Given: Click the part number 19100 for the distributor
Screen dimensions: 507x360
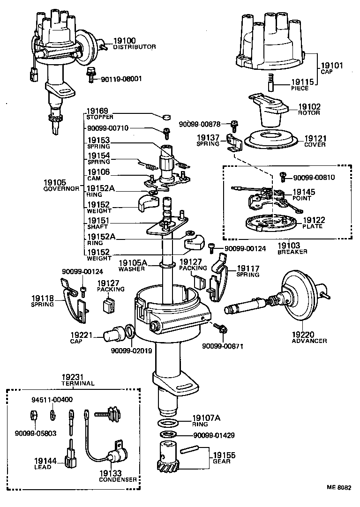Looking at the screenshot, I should [124, 41].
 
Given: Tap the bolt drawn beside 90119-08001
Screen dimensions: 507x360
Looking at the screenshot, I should [91, 75].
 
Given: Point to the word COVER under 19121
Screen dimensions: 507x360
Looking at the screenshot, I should [315, 145].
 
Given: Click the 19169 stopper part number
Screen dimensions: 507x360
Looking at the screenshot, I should [97, 112].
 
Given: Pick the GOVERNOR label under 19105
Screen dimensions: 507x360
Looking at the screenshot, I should [61, 188].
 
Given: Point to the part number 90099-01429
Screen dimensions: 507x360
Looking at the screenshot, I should [214, 435].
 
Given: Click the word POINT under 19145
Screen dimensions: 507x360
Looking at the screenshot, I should [302, 198].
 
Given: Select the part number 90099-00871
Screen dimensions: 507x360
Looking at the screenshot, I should [223, 346].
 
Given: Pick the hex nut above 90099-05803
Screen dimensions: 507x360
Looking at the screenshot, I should [28, 415].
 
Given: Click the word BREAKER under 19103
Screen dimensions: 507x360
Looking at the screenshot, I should [292, 252].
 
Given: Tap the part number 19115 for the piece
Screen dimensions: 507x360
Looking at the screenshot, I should [303, 82].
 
